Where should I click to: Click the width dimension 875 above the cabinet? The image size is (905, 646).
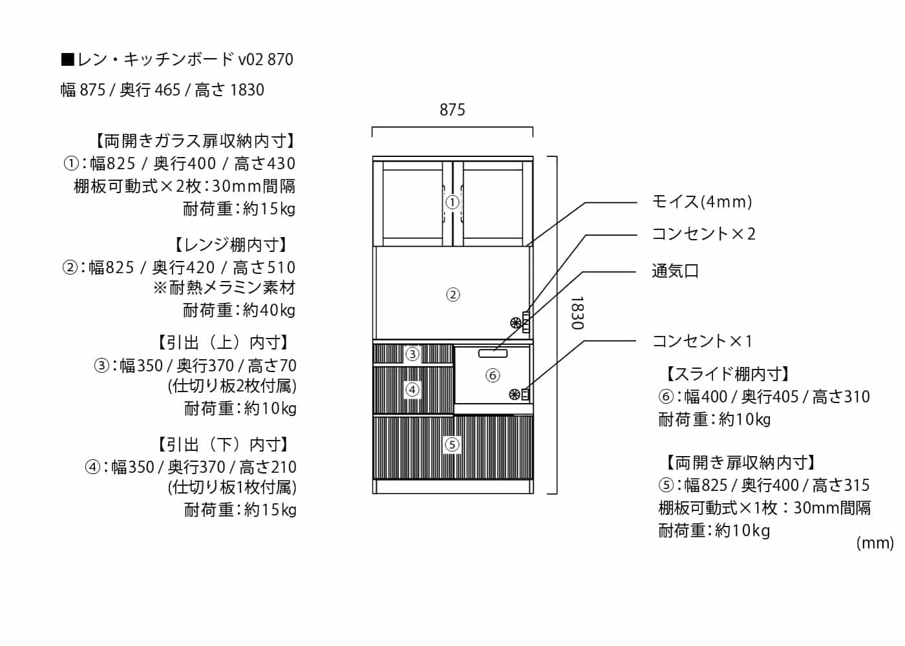tap(452, 110)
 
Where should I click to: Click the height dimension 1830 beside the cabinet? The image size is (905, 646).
tap(577, 313)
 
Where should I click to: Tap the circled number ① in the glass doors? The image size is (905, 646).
tap(452, 202)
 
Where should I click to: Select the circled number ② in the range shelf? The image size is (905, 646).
tap(452, 295)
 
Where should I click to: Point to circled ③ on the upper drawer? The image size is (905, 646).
tap(412, 354)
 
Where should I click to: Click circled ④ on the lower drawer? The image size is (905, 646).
tap(412, 390)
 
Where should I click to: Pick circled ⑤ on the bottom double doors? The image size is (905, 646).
tap(452, 444)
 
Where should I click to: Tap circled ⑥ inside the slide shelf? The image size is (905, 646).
tap(493, 375)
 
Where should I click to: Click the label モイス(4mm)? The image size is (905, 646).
tap(701, 202)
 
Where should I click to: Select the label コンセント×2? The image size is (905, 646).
tap(703, 234)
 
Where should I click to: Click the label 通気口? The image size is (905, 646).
tap(675, 271)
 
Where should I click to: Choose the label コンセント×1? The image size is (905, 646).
tap(702, 341)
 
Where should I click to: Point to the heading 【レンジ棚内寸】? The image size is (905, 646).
tap(231, 245)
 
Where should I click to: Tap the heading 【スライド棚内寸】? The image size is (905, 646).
tap(727, 374)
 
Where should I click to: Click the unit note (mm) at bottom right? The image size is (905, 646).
tap(875, 543)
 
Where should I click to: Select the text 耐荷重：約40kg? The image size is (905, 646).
tap(239, 310)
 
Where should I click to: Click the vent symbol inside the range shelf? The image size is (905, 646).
tap(515, 322)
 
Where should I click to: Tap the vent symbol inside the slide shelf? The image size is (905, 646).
tap(515, 394)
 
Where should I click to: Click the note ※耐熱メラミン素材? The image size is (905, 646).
tap(224, 288)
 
